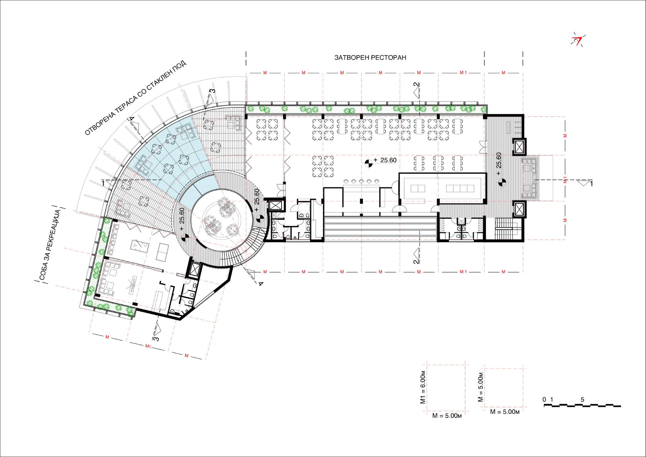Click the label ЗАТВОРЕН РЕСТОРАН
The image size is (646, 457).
click(370, 58)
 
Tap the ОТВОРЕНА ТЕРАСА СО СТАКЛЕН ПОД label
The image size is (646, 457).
click(135, 98)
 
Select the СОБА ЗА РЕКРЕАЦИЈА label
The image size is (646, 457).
click(50, 245)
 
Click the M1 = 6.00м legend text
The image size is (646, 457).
click(423, 388)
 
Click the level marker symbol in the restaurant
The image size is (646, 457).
click(368, 163)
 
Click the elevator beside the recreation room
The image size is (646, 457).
click(194, 269)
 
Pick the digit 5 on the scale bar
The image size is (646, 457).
click(582, 400)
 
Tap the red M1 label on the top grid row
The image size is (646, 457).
click(463, 73)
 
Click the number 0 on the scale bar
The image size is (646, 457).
click(544, 400)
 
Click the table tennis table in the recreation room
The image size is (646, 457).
click(164, 250)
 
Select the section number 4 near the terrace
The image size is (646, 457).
click(132, 119)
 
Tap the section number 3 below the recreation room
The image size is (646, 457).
click(156, 338)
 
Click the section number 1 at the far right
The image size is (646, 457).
click(591, 184)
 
